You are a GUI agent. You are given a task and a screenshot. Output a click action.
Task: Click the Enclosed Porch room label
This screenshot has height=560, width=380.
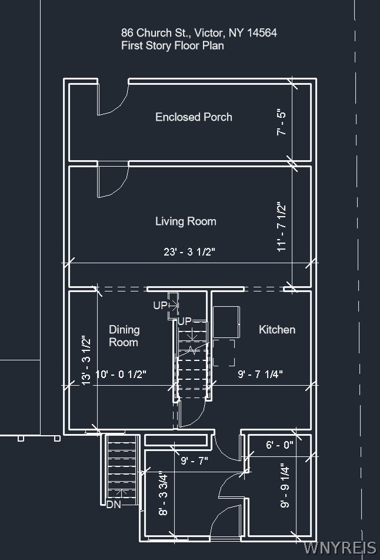coord(194,117)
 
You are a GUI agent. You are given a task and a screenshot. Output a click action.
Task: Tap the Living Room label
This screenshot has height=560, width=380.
coord(185,221)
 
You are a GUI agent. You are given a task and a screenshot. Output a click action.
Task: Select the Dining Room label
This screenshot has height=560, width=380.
coord(124,336)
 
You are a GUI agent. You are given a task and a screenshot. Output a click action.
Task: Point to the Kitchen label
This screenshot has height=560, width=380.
coord(277,329)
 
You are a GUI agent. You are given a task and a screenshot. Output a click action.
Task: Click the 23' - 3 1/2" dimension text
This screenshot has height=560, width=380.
coord(189,252)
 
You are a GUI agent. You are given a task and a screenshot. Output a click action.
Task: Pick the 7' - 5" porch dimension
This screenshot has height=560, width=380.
coord(282,122)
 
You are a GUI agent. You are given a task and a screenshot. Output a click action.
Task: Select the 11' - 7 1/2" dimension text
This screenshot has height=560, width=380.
coord(282,227)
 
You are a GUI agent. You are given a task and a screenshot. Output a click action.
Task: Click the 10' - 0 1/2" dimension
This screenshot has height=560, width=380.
coord(121,375)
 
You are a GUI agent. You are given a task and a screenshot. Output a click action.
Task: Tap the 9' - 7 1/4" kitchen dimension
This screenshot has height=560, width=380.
coord(260,375)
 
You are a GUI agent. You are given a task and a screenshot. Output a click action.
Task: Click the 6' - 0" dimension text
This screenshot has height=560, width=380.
coord(279,445)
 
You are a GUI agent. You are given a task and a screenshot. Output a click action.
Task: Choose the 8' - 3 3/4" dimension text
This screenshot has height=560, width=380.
coord(163,494)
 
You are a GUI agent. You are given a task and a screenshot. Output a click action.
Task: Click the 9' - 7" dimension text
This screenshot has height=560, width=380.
coord(194,460)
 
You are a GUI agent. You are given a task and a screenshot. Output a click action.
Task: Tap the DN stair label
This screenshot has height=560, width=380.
coord(114,505)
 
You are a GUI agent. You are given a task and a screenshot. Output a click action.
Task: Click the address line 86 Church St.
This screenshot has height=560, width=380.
coord(199,33)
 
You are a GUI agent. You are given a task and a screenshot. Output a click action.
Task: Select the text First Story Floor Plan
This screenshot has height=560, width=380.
coord(172,46)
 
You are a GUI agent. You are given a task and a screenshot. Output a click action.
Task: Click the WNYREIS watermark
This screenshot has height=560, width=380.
coord(339,548)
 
